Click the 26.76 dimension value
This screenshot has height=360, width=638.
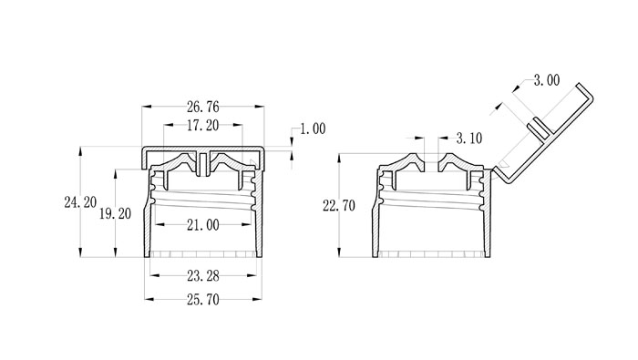(x=202, y=107)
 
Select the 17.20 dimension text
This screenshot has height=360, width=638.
(x=202, y=126)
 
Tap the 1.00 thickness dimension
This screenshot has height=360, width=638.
(x=313, y=129)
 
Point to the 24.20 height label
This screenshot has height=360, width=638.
(x=80, y=202)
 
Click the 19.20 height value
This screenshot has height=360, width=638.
(x=115, y=213)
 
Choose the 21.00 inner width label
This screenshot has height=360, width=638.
(x=203, y=224)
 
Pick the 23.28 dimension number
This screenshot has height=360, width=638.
(x=203, y=276)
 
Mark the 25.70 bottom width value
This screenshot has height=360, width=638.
(x=203, y=300)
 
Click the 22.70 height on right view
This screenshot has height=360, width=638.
(x=339, y=206)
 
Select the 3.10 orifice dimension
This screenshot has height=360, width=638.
(x=469, y=139)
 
